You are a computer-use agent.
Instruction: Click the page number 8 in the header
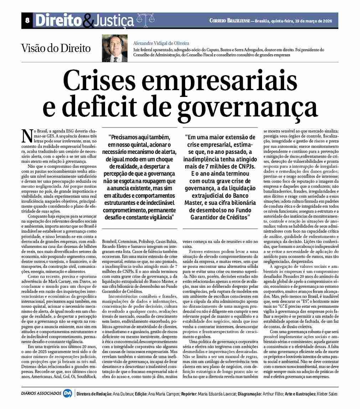pos(27,21)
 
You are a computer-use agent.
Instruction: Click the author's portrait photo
pos(114,48)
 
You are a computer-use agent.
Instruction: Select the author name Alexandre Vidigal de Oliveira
pos(161,43)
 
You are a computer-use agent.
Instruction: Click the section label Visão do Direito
pos(56,48)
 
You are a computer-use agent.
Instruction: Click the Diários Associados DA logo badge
pos(67,394)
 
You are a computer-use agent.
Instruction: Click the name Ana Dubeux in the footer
pos(122,394)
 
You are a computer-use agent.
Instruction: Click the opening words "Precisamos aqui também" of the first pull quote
pos(139,137)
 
